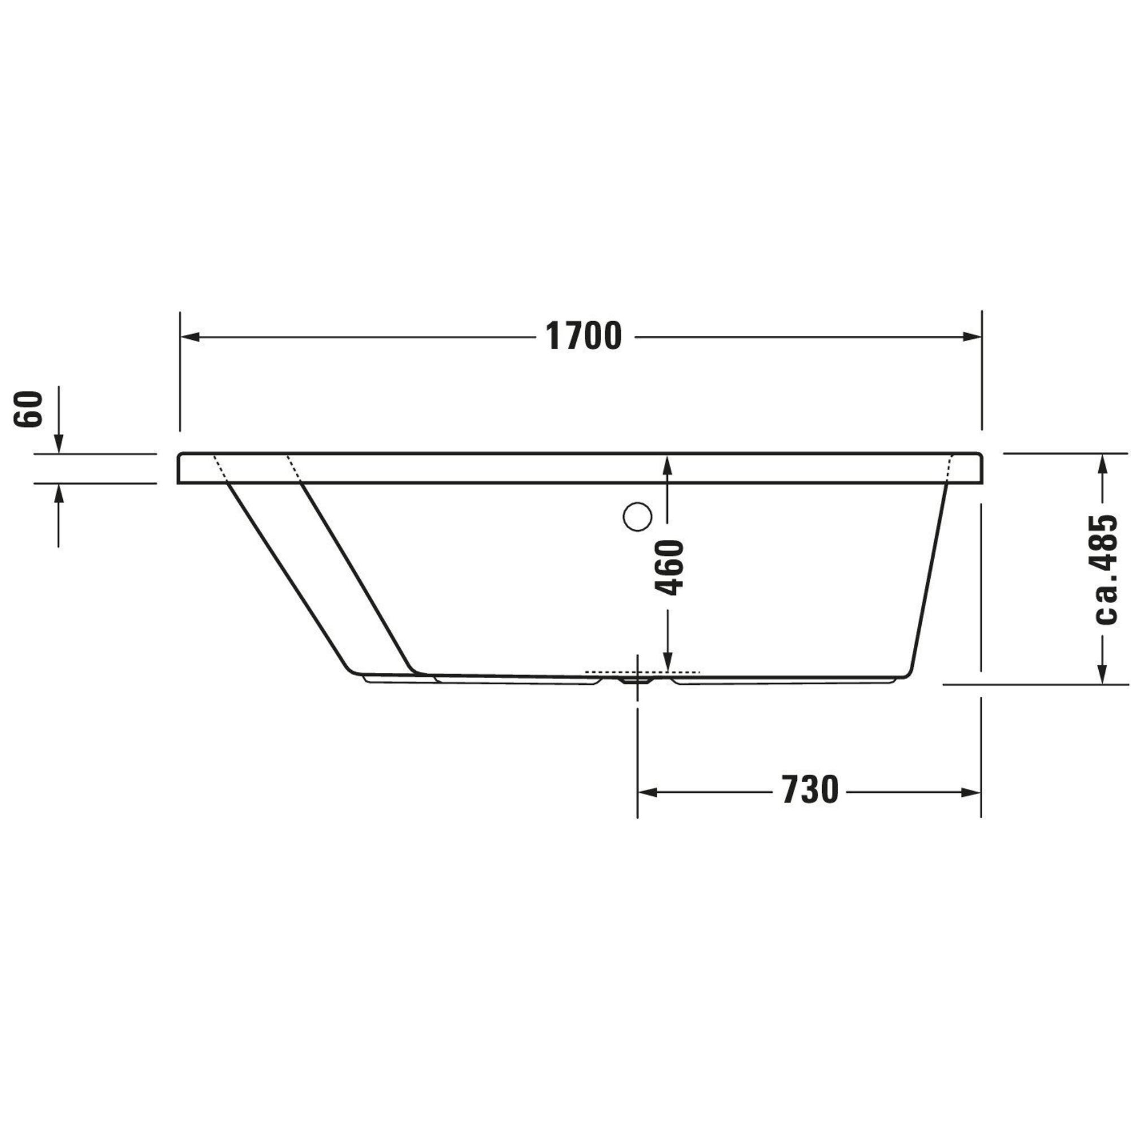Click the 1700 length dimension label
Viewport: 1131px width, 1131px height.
[x=584, y=336]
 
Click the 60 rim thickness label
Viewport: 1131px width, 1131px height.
[x=29, y=409]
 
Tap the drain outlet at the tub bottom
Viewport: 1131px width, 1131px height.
[x=637, y=681]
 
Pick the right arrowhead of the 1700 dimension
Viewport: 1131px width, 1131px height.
[x=971, y=336]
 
